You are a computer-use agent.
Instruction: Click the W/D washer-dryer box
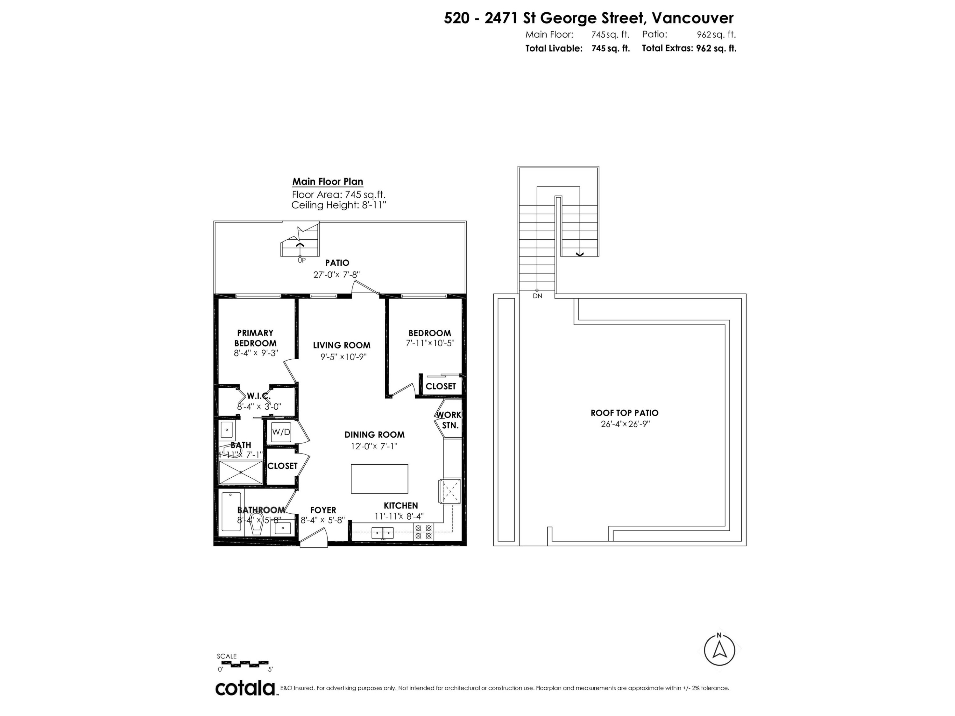point(281,432)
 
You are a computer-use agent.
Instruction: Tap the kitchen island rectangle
point(379,479)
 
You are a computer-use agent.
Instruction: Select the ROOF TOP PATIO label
point(624,413)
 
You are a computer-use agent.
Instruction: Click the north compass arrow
point(719,650)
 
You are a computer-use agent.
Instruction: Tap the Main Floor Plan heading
point(328,182)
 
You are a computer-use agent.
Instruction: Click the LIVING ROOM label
point(342,345)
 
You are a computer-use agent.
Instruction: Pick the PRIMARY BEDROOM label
point(255,338)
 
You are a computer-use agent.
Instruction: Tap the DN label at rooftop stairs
point(537,296)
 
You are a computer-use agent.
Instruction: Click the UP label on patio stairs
point(301,261)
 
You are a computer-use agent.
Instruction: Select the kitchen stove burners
point(423,532)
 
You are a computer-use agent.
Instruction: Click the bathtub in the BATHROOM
point(231,511)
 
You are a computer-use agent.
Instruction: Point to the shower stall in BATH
point(240,473)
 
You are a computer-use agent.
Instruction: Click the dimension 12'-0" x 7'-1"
point(374,446)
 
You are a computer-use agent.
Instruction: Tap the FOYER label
point(323,510)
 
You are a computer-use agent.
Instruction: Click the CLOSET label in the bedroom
point(440,386)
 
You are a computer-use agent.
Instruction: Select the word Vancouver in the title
point(692,18)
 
